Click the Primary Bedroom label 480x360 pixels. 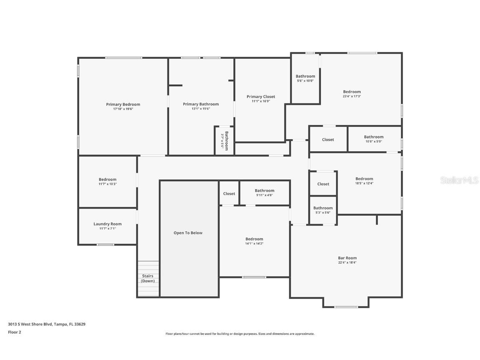[x=123, y=104]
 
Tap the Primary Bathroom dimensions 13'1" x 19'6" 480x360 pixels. [x=200, y=109]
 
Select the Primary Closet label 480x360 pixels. [x=261, y=97]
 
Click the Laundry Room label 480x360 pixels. [x=107, y=224]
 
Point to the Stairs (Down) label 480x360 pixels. [x=147, y=278]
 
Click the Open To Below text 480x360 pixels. [x=188, y=233]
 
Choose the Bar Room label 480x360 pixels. [x=347, y=258]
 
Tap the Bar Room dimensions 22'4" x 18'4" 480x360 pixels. [x=347, y=262]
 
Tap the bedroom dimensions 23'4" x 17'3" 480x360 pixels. [x=352, y=96]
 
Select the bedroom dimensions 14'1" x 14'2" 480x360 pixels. [x=254, y=244]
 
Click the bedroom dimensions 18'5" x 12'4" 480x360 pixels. [x=364, y=183]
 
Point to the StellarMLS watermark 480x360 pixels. [x=459, y=180]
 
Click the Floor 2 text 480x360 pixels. [x=15, y=332]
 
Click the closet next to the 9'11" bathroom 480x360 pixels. [x=229, y=193]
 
